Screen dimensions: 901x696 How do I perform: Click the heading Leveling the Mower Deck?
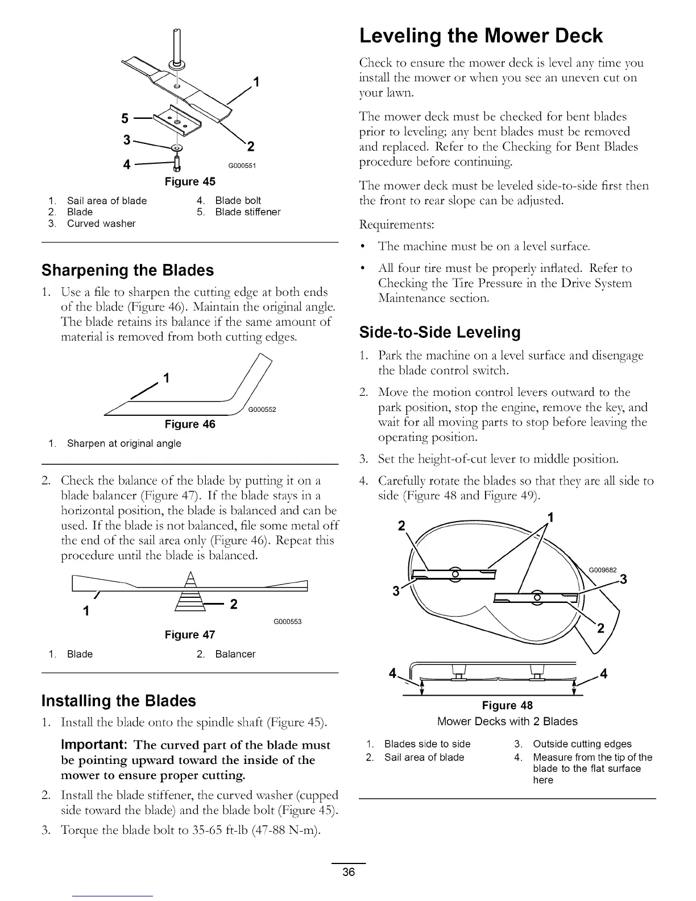[480, 36]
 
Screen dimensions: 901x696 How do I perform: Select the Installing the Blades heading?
[119, 701]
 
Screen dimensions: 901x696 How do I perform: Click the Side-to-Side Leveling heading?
[440, 332]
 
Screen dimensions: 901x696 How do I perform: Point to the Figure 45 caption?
[190, 182]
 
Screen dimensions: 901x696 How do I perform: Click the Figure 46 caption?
[190, 424]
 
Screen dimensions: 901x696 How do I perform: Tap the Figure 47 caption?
[190, 634]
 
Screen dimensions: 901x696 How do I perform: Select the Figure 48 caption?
[507, 706]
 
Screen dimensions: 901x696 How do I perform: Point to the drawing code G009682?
[603, 571]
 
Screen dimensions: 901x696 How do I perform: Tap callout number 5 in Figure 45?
[125, 119]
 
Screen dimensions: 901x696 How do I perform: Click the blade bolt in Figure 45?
[176, 164]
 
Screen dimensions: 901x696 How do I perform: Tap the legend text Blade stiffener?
[247, 212]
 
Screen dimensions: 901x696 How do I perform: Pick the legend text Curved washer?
[101, 224]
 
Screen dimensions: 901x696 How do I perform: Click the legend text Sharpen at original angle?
[124, 444]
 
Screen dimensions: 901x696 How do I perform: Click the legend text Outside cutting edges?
[582, 744]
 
